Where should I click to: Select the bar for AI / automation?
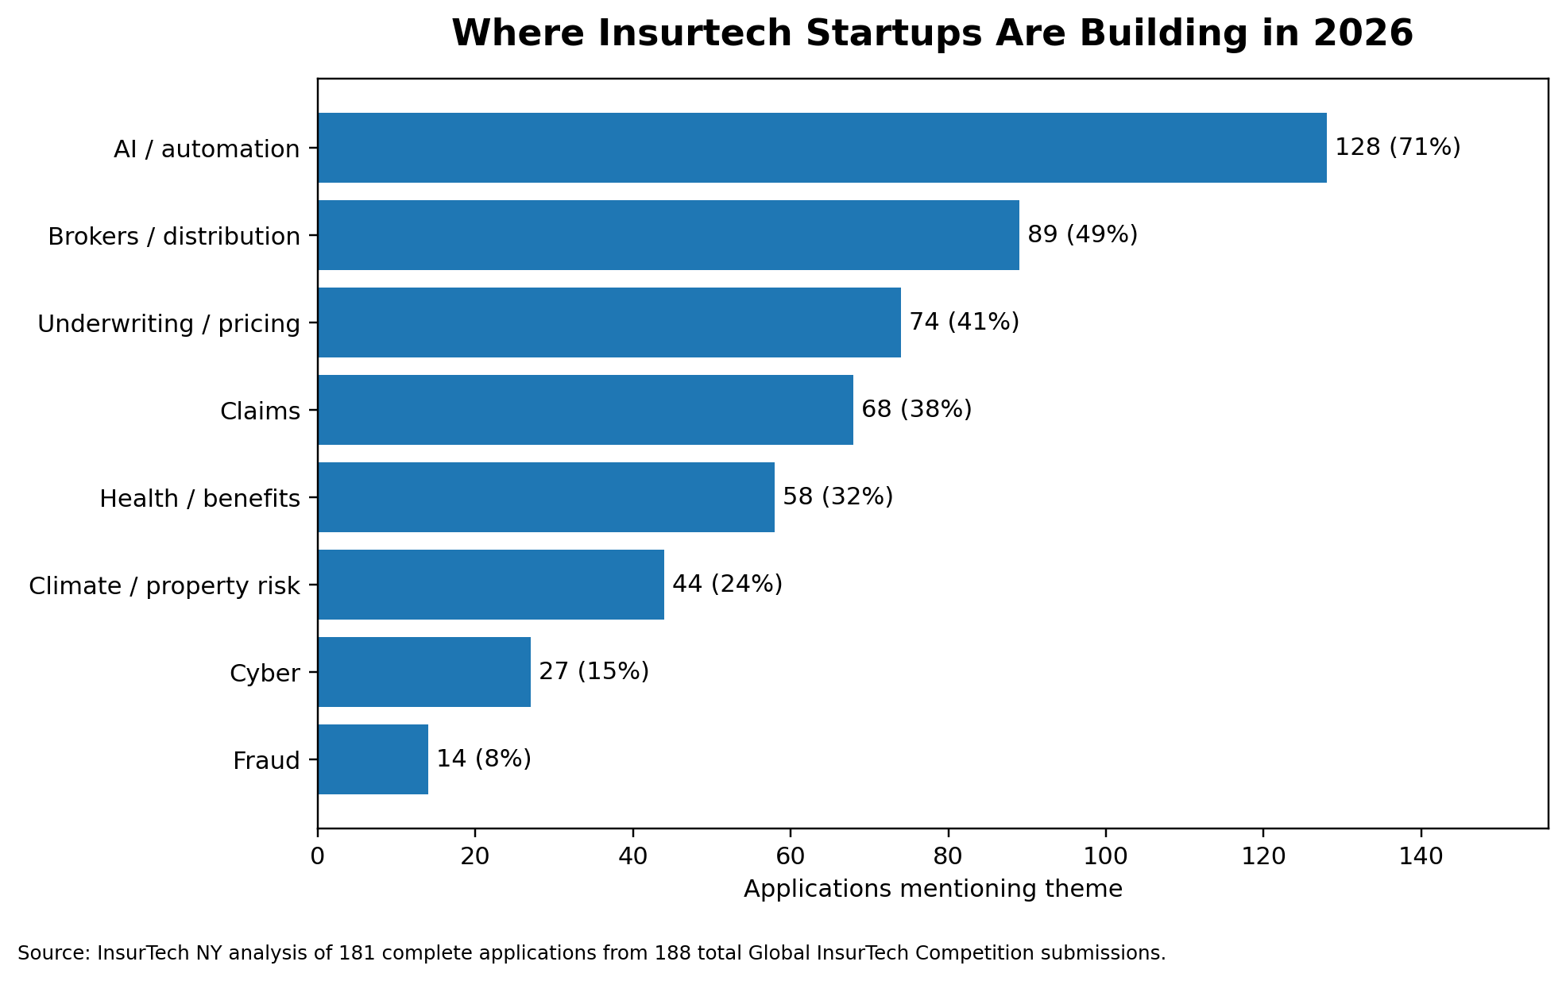[x=822, y=148]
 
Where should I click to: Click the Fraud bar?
[x=373, y=759]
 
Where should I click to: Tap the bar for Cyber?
[x=423, y=672]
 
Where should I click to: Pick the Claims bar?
[x=585, y=410]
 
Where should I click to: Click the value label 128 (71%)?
[x=1397, y=148]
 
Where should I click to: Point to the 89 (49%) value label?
[x=1082, y=235]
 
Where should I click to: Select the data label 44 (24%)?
[x=727, y=585]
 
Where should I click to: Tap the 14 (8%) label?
[x=483, y=759]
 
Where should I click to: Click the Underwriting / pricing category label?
[x=168, y=324]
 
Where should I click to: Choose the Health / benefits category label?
[x=199, y=499]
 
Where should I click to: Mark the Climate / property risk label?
[x=164, y=586]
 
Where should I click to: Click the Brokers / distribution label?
[x=173, y=237]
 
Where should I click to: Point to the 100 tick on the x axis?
[x=1105, y=856]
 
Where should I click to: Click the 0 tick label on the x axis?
[x=318, y=856]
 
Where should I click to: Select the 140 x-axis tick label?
[x=1421, y=856]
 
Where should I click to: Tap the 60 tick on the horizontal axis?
[x=791, y=856]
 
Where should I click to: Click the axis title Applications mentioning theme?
[x=933, y=889]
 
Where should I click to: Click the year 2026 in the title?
[x=1363, y=34]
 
